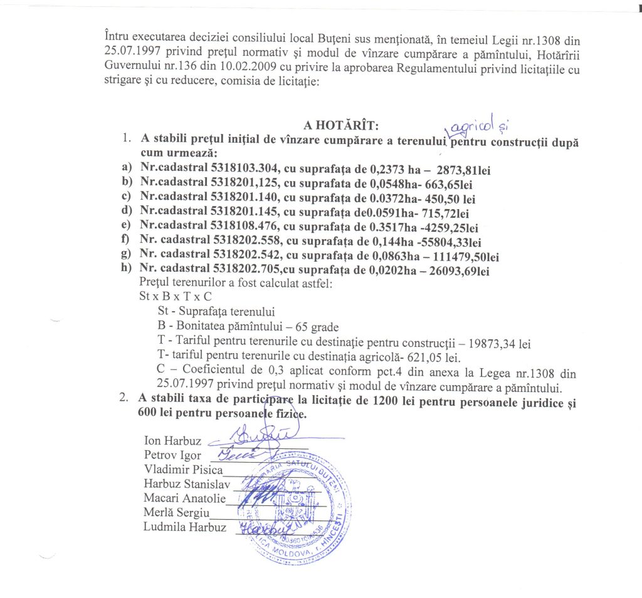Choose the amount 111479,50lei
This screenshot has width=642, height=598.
pyautogui.click(x=461, y=257)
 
